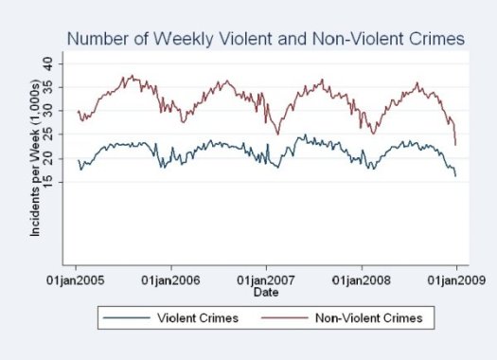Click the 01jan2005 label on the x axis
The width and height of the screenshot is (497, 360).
tap(77, 280)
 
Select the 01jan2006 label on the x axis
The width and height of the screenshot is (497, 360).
tap(171, 280)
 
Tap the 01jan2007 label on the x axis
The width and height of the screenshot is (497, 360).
tap(266, 280)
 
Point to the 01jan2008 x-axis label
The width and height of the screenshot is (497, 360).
tap(361, 280)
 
